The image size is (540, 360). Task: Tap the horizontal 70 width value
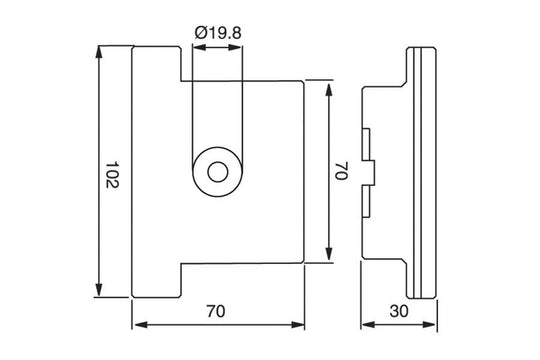pos(216,311)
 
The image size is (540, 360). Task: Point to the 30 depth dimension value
pos(400,311)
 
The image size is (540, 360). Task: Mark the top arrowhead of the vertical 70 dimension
pos(329,85)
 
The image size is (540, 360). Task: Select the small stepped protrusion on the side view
pos(368,171)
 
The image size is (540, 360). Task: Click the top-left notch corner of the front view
pos(180,80)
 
